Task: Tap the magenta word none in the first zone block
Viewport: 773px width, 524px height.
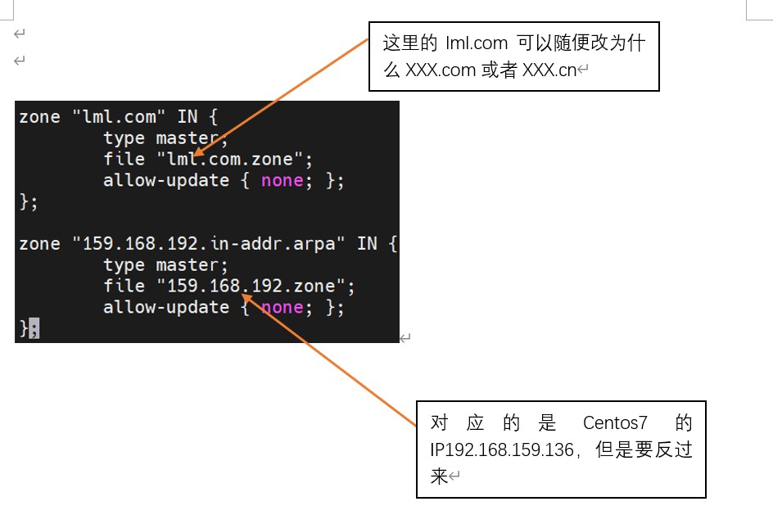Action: point(282,180)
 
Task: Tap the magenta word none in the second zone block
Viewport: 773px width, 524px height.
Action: point(282,307)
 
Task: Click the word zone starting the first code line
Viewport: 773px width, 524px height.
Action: point(39,117)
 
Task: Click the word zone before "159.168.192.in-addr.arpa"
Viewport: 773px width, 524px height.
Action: point(39,244)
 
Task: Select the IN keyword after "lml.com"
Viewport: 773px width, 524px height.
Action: point(188,117)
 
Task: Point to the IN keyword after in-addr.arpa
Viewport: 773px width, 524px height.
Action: point(367,244)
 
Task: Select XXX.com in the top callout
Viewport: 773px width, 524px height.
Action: point(441,70)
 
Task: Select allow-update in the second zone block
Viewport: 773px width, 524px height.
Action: point(165,307)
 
